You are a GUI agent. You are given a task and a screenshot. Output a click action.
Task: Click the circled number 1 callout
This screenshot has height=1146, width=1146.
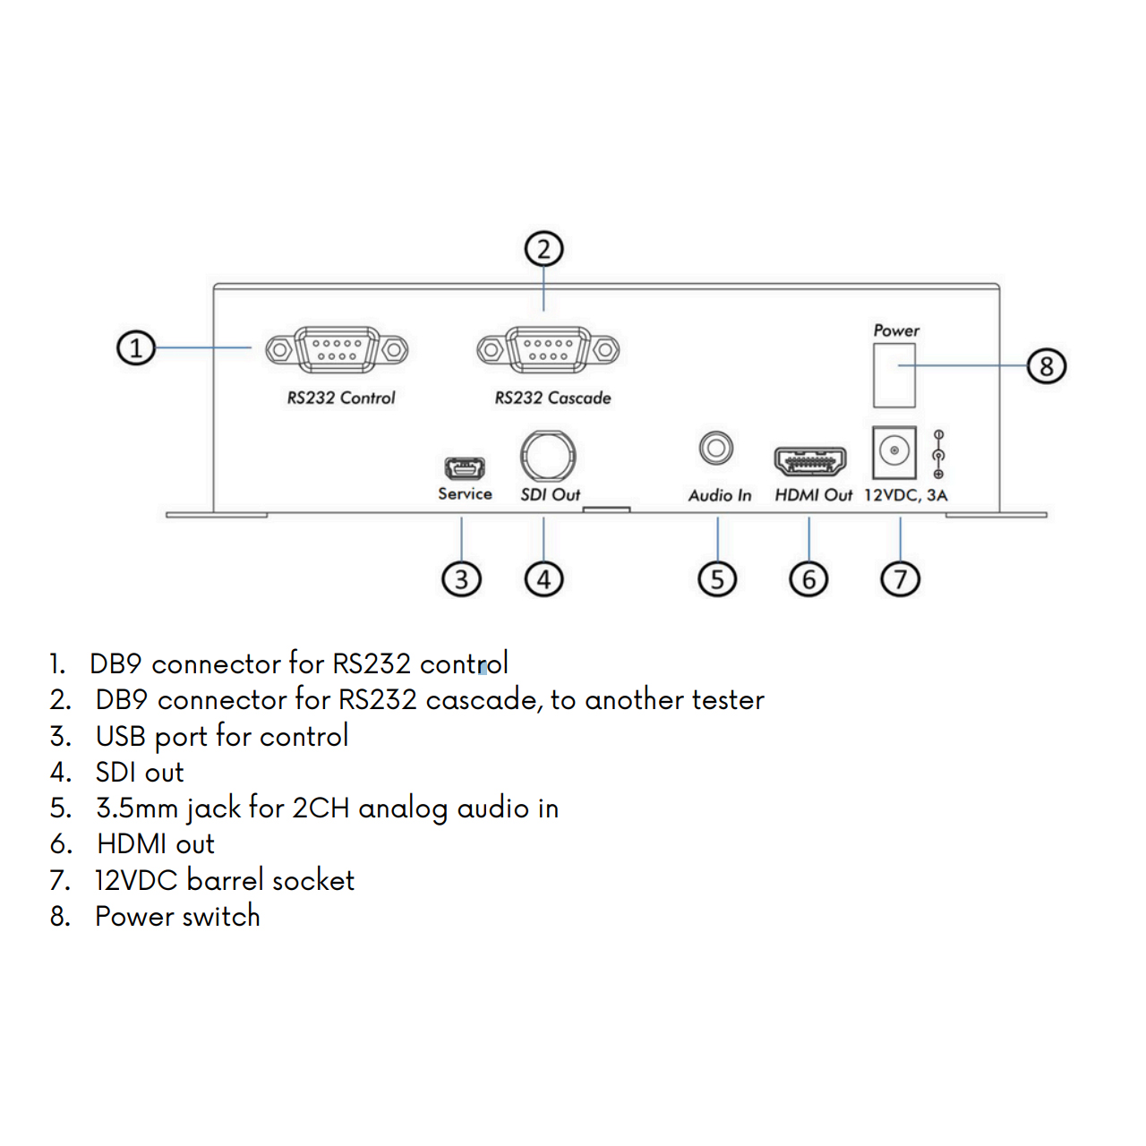pyautogui.click(x=135, y=348)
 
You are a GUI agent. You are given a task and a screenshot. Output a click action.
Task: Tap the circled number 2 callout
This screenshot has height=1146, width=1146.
pyautogui.click(x=543, y=249)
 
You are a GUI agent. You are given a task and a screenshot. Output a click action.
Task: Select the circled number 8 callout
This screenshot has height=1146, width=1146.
pyautogui.click(x=1047, y=366)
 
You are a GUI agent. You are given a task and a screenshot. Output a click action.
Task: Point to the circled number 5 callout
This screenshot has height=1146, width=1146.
pyautogui.click(x=717, y=579)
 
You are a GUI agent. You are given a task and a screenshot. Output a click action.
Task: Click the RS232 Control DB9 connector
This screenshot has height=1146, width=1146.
pyautogui.click(x=337, y=350)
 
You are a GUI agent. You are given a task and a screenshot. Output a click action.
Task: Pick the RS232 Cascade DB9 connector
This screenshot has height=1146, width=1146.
pyautogui.click(x=548, y=350)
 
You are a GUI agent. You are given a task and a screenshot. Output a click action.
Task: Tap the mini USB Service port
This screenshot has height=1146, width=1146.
pyautogui.click(x=465, y=468)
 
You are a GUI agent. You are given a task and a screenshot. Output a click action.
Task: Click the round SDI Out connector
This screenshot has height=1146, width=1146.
pyautogui.click(x=548, y=456)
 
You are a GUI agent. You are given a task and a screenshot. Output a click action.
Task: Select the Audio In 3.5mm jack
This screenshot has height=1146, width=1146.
pyautogui.click(x=716, y=448)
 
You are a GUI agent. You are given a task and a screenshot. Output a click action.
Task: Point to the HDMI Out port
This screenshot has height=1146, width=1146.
pyautogui.click(x=810, y=461)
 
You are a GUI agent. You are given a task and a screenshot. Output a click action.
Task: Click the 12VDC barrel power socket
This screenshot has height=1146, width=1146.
pyautogui.click(x=894, y=452)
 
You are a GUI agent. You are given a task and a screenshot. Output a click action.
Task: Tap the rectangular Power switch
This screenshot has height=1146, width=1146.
pyautogui.click(x=894, y=375)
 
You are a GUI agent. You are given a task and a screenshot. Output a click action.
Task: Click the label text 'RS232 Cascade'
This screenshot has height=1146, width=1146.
pyautogui.click(x=552, y=398)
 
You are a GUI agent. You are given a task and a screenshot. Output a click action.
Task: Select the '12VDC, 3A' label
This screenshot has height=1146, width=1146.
pyautogui.click(x=905, y=495)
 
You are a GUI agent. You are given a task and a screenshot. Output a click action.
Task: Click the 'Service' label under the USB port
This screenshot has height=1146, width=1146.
pyautogui.click(x=465, y=493)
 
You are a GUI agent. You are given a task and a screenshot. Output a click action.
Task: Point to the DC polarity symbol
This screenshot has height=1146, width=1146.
pyautogui.click(x=938, y=454)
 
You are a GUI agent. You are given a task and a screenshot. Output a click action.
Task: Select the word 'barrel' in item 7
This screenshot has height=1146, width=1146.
pyautogui.click(x=225, y=880)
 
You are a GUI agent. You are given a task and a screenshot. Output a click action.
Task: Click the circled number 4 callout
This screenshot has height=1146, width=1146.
pyautogui.click(x=543, y=579)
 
